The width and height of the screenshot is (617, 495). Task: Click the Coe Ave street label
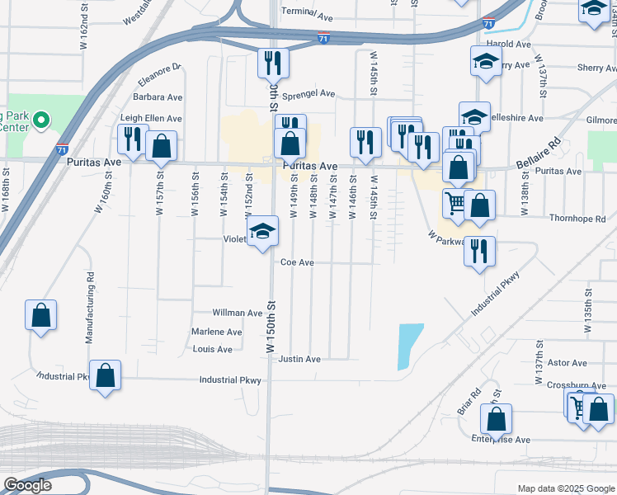[297, 262]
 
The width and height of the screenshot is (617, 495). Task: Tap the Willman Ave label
[238, 313]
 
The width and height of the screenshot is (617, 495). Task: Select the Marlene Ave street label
[216, 332]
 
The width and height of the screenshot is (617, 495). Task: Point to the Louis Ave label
[213, 349]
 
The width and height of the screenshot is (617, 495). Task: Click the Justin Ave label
[299, 359]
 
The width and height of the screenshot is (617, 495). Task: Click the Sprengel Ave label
[308, 94]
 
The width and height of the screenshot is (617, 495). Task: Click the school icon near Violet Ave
[262, 231]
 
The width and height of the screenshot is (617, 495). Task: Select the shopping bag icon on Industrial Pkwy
[106, 375]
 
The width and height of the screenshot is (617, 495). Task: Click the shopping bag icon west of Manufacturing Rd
[40, 315]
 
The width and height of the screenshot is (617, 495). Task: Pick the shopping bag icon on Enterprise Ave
[496, 419]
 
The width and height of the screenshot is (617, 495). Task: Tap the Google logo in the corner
[26, 485]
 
